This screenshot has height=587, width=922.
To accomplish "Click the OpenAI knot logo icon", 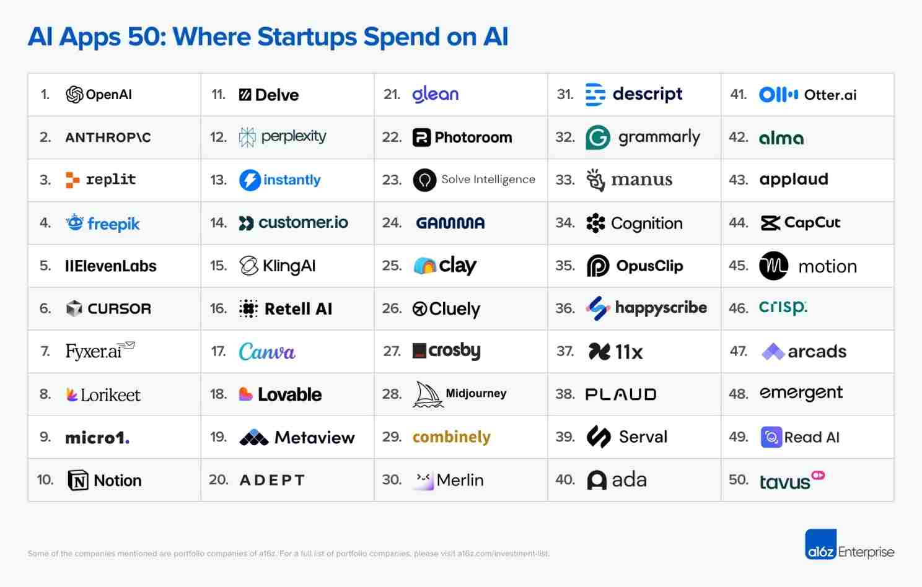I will (74, 95).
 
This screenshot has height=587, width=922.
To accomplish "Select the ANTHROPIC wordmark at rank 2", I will (108, 137).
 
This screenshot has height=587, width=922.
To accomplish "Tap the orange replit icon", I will (72, 180).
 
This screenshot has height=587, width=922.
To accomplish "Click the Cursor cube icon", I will (74, 308).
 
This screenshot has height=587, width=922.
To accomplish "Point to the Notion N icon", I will (78, 480).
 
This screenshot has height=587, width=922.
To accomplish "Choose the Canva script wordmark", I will (267, 352).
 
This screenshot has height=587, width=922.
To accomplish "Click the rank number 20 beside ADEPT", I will (218, 480).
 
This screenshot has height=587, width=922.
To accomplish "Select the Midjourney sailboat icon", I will (428, 394).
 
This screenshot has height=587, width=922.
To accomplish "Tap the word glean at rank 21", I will (436, 94).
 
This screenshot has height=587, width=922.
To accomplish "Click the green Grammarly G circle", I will (598, 137).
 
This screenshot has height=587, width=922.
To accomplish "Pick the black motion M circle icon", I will (774, 266).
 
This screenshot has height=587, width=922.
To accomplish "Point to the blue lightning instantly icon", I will (250, 180).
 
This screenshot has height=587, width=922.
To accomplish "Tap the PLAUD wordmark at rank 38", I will (621, 394).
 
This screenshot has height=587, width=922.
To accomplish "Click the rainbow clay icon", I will (425, 266).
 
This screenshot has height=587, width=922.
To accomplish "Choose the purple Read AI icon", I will (771, 437).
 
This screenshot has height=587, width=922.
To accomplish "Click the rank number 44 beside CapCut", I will (738, 223).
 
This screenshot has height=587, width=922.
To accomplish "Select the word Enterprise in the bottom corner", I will (866, 552).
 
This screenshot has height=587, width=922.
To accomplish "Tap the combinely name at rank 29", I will (451, 437).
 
